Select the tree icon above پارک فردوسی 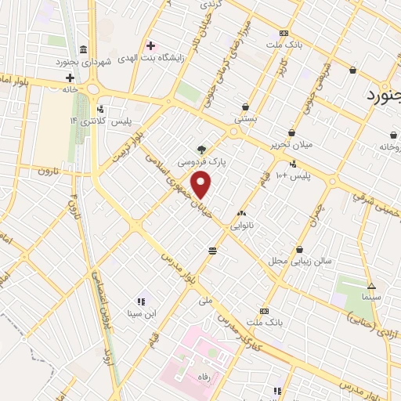(x=202, y=148)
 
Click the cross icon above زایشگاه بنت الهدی (x=150, y=45)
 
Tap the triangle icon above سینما (x=371, y=286)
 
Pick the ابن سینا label (x=143, y=314)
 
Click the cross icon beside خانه (x=70, y=78)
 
